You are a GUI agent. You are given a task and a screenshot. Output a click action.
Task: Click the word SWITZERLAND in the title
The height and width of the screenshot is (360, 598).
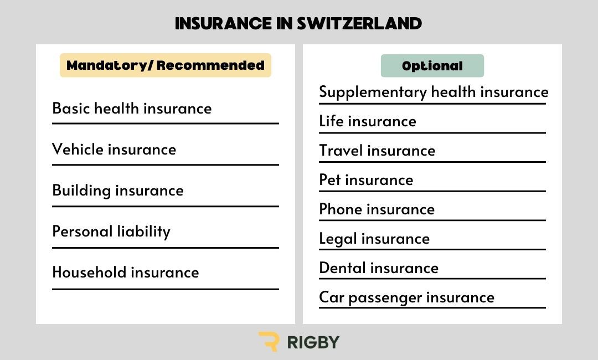pos(359,24)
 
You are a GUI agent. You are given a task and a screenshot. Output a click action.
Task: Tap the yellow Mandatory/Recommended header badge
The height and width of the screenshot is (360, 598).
pos(166,65)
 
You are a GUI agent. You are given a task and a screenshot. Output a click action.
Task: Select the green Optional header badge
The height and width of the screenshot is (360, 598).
pos(432,65)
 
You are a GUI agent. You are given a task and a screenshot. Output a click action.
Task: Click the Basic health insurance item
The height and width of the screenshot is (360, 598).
pos(132,109)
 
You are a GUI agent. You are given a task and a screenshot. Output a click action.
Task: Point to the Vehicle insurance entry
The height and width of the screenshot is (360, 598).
pos(114,150)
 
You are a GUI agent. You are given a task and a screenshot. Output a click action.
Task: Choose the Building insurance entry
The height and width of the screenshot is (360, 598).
pos(118,191)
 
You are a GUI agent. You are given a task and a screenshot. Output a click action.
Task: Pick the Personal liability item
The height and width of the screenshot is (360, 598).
pos(111,232)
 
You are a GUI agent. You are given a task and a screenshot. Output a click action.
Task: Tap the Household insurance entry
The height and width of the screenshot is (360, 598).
pos(126,272)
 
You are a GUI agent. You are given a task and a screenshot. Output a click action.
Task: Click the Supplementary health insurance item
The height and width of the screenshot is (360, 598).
pos(434,92)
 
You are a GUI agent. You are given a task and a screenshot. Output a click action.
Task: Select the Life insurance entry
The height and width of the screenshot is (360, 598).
pos(368,121)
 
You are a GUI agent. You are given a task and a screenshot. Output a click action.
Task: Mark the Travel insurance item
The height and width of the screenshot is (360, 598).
pos(377,151)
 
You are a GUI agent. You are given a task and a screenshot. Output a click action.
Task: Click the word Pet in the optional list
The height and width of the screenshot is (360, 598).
pos(330,179)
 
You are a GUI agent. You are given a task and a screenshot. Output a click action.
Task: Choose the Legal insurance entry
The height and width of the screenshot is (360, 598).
pos(374,239)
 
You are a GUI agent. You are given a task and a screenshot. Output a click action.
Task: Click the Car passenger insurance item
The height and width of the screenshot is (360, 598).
pos(406,297)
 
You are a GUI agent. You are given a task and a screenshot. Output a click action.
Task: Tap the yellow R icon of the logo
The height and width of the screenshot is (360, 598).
pos(269,341)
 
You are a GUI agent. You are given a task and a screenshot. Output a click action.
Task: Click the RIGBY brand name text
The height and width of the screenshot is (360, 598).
pos(313,342)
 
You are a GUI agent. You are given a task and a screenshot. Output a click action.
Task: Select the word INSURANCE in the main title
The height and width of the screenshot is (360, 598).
pos(224,24)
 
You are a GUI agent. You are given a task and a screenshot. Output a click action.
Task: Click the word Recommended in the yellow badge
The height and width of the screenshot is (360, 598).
pos(210,65)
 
